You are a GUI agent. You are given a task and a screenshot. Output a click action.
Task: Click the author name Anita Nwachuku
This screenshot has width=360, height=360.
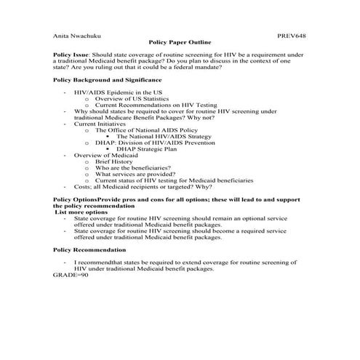[76, 34]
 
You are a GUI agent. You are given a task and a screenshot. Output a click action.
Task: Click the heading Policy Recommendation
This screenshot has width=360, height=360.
[87, 248]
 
